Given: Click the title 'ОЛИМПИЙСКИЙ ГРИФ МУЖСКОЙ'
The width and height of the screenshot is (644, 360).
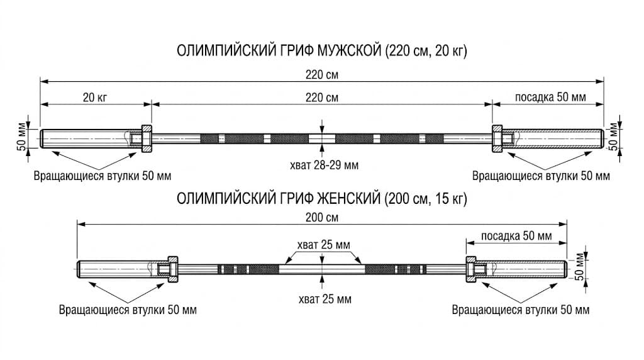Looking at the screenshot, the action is coord(279,51).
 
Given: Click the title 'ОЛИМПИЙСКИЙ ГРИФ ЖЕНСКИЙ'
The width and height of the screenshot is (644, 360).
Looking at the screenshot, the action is coord(279,198).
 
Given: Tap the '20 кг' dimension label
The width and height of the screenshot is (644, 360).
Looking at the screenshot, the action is coord(96,98).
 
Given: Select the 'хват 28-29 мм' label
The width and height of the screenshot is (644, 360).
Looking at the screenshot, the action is coord(324,165).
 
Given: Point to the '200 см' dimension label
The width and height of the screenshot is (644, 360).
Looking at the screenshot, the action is coord(322,217).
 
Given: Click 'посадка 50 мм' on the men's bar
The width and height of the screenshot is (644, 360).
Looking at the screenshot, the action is coord(550,98).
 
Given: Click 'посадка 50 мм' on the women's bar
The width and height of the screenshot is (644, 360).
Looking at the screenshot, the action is coord(516,236).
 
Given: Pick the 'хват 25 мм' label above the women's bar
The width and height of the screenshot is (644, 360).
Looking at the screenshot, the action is coord(324,245).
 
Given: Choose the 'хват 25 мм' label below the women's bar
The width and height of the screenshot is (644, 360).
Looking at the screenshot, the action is coord(325,299).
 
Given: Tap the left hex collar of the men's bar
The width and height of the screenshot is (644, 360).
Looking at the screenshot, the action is coord(147,138).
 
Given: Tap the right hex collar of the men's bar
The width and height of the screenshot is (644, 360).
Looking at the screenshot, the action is coord(497,138).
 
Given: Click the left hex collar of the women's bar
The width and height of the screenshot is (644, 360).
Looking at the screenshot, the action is coord(173,269).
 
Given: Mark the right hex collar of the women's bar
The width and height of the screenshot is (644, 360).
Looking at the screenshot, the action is coord(470,269).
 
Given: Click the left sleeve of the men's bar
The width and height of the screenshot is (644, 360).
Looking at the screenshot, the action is coord(91,138).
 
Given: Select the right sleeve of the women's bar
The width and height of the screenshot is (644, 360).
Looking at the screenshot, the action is coord(521,269).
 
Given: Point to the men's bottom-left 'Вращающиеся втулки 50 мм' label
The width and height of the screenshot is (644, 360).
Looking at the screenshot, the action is coord(103,176).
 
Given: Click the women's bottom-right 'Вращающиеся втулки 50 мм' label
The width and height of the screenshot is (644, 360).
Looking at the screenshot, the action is coord(520,310).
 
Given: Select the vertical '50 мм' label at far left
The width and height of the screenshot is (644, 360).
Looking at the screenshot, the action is coord(21,137).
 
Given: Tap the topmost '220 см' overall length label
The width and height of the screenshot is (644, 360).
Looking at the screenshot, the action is coord(322,74).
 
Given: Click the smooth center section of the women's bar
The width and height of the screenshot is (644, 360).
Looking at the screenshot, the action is coord(322,269).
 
